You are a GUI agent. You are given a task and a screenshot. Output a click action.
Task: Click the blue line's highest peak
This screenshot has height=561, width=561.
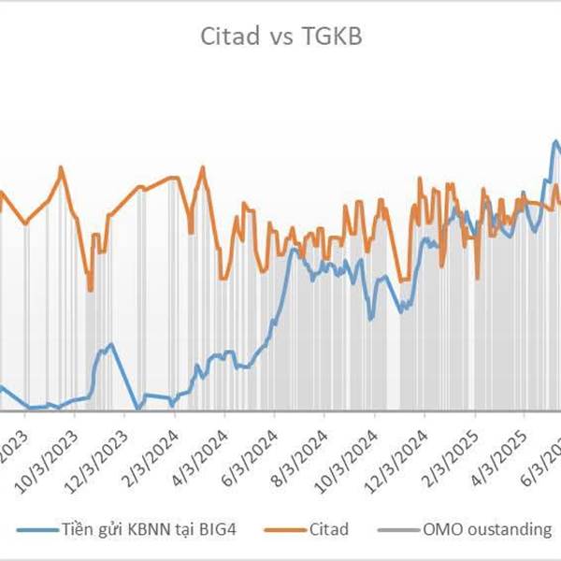click(x=554, y=142)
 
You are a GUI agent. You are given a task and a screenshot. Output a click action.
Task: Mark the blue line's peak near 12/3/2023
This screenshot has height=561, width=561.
click(x=111, y=344)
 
